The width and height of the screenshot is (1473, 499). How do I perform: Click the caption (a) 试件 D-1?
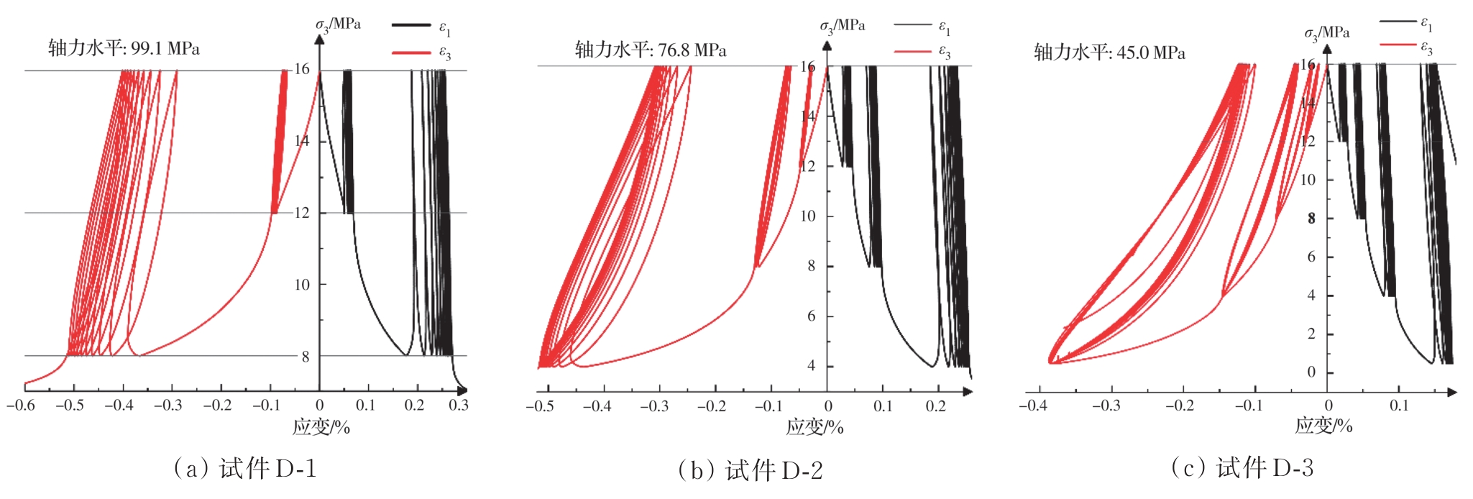pyautogui.click(x=244, y=469)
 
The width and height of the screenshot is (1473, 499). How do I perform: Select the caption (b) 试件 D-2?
pyautogui.click(x=750, y=470)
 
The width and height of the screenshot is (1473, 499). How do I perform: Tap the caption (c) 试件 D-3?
pyautogui.click(x=1242, y=468)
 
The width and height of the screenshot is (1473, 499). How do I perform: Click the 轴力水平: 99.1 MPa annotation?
pyautogui.click(x=124, y=48)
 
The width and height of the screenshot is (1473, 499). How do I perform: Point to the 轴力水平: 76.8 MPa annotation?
pyautogui.click(x=650, y=50)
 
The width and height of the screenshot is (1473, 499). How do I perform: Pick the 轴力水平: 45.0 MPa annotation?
pyautogui.click(x=1109, y=52)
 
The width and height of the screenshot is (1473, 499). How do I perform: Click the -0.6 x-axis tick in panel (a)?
pyautogui.click(x=21, y=406)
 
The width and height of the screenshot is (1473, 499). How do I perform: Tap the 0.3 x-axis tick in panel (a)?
pyautogui.click(x=459, y=406)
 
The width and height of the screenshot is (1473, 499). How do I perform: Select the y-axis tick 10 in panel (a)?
pyautogui.click(x=302, y=285)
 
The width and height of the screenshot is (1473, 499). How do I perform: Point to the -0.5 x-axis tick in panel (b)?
pyautogui.click(x=540, y=406)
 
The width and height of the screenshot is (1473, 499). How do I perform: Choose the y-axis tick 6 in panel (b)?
pyautogui.click(x=811, y=316)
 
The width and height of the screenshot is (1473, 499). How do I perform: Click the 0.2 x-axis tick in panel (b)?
pyautogui.click(x=936, y=406)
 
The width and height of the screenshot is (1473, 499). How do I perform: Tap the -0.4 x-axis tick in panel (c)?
pyautogui.click(x=1032, y=406)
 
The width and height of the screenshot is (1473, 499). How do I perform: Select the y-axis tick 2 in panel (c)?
pyautogui.click(x=1311, y=334)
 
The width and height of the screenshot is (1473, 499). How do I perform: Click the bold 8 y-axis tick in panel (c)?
pyautogui.click(x=1311, y=218)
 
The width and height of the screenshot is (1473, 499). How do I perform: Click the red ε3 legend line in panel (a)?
pyautogui.click(x=410, y=52)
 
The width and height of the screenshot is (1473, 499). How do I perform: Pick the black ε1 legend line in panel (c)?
pyautogui.click(x=1398, y=22)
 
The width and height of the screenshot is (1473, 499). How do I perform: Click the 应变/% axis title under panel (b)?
pyautogui.click(x=814, y=427)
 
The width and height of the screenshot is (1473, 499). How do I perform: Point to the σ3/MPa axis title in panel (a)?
pyautogui.click(x=338, y=24)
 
